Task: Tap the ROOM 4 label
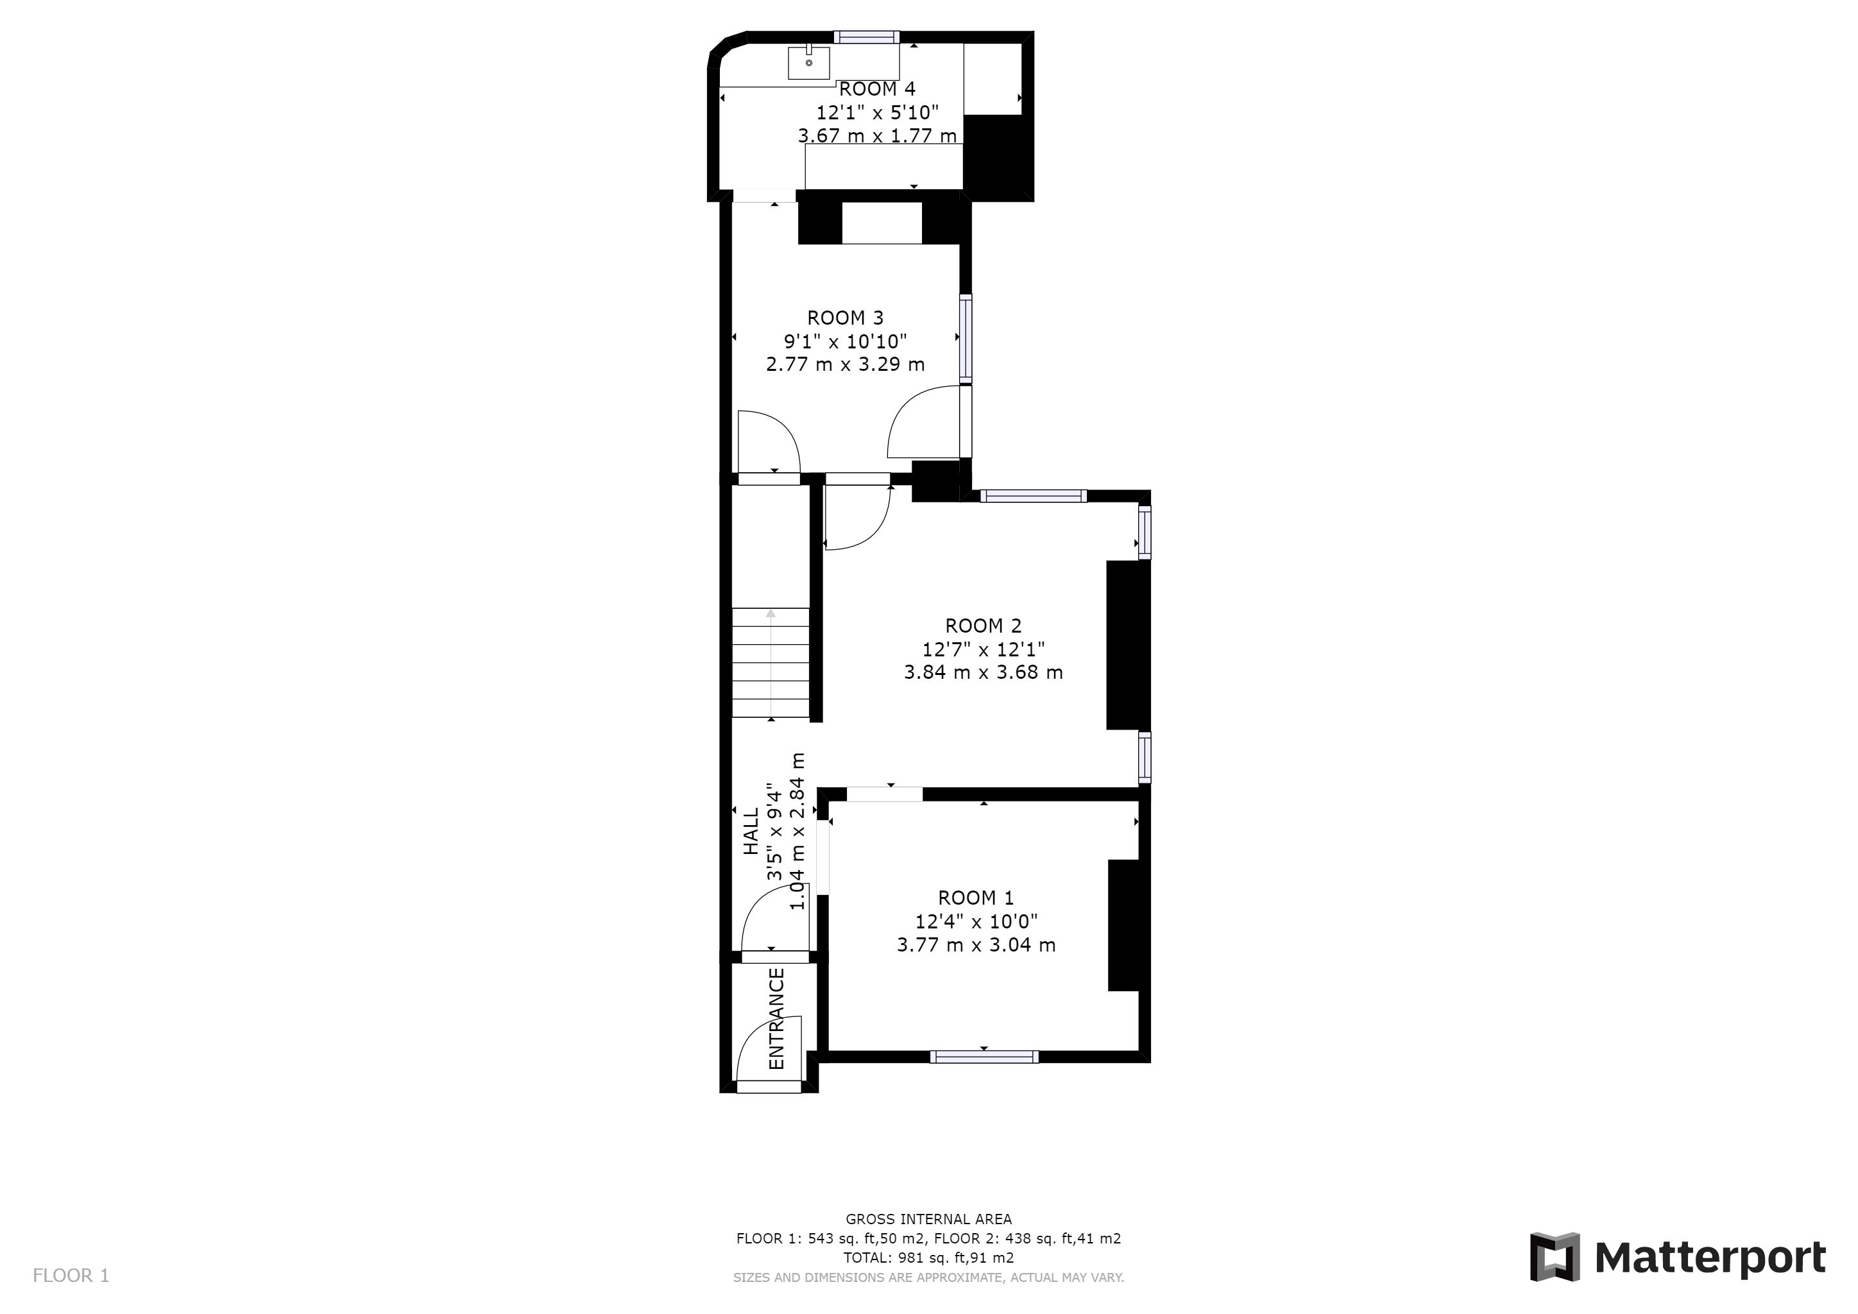point(877,89)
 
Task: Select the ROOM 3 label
point(846,318)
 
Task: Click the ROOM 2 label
point(984,626)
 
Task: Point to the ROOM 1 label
point(976,898)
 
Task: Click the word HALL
point(752,831)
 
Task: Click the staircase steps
point(771,663)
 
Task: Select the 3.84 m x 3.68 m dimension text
point(984,672)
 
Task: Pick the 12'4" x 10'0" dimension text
point(976,921)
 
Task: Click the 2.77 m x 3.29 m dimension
point(846,364)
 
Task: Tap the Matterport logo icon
point(1555,1256)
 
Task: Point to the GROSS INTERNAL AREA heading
point(929,1218)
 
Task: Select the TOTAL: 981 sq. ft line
point(929,1258)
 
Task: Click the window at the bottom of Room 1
point(984,1056)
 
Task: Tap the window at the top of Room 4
point(867,37)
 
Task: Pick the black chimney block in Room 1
point(1123,925)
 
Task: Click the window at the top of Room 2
point(1034,496)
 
